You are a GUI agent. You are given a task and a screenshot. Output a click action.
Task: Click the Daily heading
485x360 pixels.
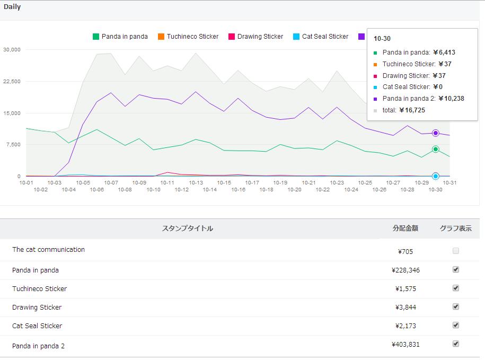(12, 7)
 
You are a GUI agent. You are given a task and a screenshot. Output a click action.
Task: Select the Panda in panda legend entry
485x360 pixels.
(120, 37)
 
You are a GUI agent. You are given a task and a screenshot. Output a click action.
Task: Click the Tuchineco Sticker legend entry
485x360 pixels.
(188, 37)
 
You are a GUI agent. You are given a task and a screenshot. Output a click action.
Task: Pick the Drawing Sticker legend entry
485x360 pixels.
(256, 37)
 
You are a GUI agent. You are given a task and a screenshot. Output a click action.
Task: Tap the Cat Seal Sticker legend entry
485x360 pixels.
(321, 37)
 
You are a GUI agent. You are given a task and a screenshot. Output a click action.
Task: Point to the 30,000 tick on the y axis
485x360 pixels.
(12, 49)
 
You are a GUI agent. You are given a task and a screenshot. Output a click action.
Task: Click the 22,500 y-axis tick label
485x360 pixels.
(12, 81)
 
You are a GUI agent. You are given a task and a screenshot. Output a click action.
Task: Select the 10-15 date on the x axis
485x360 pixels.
(224, 183)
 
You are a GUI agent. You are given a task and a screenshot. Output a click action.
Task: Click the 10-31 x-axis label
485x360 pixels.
(449, 183)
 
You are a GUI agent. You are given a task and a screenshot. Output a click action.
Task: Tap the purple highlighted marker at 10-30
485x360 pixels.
(436, 133)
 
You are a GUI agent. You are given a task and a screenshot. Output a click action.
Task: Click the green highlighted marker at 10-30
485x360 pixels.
(436, 150)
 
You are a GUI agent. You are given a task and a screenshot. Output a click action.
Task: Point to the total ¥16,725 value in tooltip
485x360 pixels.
(412, 110)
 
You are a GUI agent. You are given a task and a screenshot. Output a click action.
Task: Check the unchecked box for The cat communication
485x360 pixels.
(456, 251)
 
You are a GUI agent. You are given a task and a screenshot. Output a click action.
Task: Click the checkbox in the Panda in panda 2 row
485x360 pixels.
(456, 344)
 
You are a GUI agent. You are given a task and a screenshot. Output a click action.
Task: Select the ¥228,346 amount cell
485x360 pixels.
(405, 270)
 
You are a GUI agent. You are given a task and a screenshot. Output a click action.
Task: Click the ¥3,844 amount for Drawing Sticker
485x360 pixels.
(405, 308)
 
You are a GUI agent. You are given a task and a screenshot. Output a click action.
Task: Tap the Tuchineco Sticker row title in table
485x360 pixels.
(40, 288)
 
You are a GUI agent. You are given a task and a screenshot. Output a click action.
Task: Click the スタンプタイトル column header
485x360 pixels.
(188, 229)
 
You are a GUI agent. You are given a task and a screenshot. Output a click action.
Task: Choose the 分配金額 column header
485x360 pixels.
(405, 228)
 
